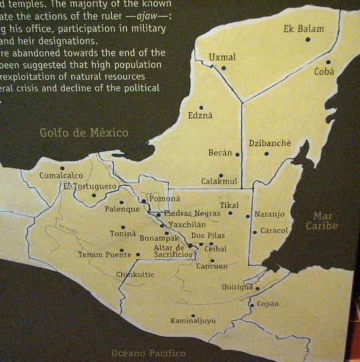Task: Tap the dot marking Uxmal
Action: click(x=224, y=67)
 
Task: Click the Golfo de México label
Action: click(x=84, y=133)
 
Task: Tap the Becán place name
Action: click(x=220, y=153)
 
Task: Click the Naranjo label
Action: click(x=270, y=215)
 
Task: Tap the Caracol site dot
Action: click(x=255, y=232)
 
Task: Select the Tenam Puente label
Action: click(x=104, y=254)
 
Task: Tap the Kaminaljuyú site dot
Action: click(x=193, y=315)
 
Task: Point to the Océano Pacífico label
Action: click(x=149, y=353)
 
